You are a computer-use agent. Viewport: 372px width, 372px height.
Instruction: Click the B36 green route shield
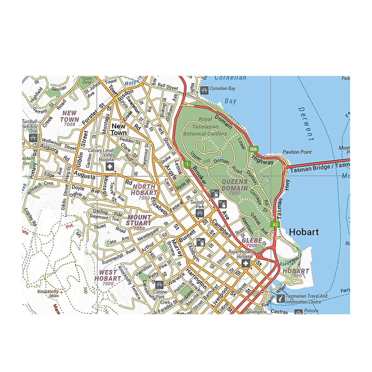pos(254,149)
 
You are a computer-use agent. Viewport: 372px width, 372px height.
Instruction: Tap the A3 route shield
pos(275,224)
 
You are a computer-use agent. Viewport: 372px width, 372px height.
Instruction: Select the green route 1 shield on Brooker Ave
pos(187,164)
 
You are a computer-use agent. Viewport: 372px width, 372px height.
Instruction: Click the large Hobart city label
pos(303,232)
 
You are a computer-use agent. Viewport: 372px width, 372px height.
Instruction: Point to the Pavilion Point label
pos(297,152)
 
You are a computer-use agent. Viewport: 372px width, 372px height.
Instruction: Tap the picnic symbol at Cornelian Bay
pos(204,90)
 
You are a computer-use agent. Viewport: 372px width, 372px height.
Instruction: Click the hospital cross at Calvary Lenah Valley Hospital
pos(109,167)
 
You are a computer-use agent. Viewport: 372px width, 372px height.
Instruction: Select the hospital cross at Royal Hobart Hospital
pos(246,263)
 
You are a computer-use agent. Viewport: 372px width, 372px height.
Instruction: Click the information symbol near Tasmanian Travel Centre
pos(281,299)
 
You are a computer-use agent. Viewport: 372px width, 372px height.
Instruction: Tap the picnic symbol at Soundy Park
pos(200,213)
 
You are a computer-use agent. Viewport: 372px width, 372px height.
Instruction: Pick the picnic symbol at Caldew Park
pos(159,285)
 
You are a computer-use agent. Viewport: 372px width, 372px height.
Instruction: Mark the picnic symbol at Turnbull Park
pos(33,138)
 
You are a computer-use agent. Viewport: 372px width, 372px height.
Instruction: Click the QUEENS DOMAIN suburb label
pos(235,185)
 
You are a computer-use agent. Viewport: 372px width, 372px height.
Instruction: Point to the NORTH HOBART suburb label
pos(144,190)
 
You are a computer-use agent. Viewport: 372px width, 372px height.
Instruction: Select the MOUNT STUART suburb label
pos(139,220)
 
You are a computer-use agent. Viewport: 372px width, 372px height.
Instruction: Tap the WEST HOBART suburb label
pos(108,276)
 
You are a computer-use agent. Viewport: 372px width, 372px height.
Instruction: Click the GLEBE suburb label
pos(252,241)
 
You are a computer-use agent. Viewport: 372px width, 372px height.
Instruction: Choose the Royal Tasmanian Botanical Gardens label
pos(205,126)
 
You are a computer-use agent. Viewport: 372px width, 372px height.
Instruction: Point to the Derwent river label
pos(306,124)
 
